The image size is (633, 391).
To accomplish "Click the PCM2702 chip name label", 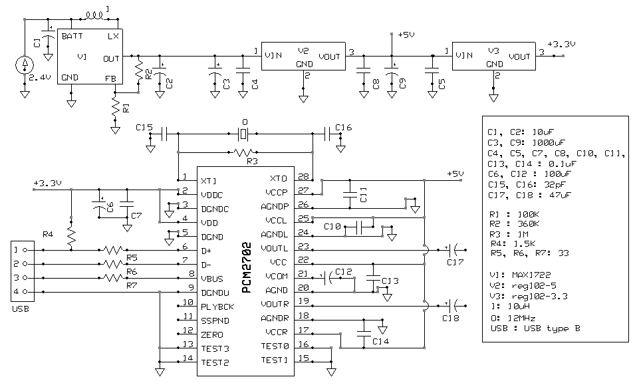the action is click(246, 268).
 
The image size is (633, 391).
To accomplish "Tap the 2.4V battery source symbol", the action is click(25, 65).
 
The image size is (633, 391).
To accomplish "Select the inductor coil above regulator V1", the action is click(94, 16).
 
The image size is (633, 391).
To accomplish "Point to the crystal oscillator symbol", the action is click(243, 133).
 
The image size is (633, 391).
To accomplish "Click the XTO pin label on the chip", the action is click(278, 178).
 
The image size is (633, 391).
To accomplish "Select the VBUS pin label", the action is click(212, 279).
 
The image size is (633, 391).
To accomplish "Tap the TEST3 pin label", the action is click(215, 348).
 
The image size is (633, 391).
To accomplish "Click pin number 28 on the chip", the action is click(303, 176).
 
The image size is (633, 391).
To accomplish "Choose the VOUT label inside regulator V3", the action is click(519, 57).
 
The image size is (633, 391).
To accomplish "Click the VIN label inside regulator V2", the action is click(273, 55).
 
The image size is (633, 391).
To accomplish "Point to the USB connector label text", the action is click(20, 309).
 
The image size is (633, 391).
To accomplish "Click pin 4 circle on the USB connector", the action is click(25, 292).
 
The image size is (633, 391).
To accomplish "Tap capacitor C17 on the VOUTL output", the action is click(455, 251).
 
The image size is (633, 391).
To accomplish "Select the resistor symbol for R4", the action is click(71, 236).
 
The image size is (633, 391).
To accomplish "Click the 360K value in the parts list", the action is click(528, 224).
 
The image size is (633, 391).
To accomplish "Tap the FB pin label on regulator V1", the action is click(110, 78).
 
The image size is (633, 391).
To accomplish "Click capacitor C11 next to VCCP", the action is click(350, 194).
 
